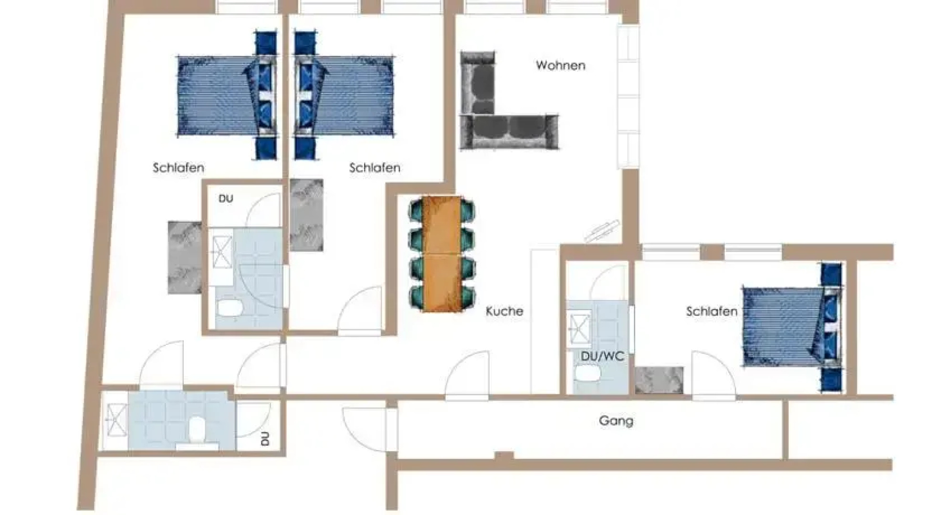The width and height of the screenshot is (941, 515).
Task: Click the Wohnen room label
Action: (x=560, y=65)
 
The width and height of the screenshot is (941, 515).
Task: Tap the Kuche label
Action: (x=504, y=311)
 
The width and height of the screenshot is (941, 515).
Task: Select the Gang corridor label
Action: (x=616, y=421)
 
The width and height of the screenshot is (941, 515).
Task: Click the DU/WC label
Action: (x=602, y=356)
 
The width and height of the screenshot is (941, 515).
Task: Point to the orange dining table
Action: (x=442, y=254)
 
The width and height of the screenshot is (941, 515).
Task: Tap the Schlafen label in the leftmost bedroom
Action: (x=178, y=168)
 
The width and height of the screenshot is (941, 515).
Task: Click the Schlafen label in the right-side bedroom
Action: (x=711, y=312)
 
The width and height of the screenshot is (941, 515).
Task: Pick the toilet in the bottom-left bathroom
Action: (x=197, y=429)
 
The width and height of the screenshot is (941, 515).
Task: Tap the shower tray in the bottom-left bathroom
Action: (x=115, y=420)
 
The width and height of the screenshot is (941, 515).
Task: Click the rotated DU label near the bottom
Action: (x=265, y=439)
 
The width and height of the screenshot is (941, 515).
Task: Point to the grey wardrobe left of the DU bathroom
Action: (x=184, y=257)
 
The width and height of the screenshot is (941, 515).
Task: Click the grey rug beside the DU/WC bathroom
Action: (x=659, y=380)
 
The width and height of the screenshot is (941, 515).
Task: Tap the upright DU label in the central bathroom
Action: (x=226, y=198)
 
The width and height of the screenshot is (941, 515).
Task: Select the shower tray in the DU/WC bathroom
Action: (x=578, y=327)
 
